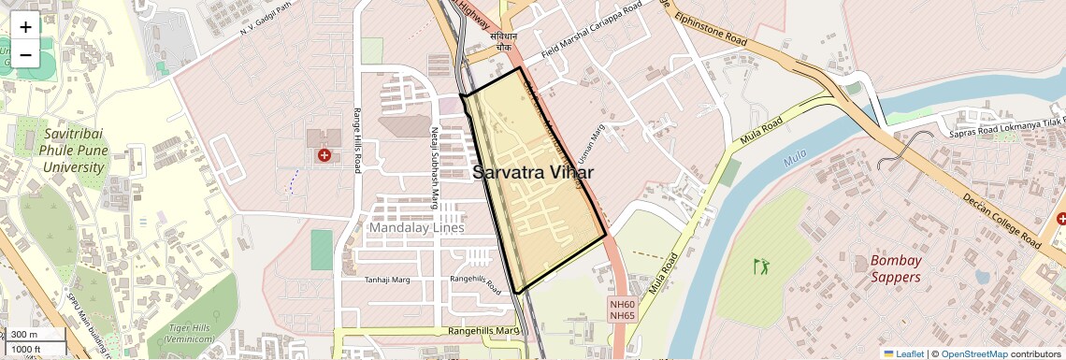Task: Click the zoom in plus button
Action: click(25, 27)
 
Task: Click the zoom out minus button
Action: click(25, 54)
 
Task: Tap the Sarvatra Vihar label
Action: click(534, 173)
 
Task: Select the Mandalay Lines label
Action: click(417, 228)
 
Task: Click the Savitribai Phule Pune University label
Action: click(73, 151)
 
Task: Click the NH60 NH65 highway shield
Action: click(622, 310)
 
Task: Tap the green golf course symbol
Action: click(762, 266)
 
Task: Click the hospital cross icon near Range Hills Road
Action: click(324, 155)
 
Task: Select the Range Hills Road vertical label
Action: click(357, 141)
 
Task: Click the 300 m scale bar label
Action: click(24, 335)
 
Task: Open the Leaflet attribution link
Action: click(903, 353)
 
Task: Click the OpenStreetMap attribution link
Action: click(974, 353)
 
